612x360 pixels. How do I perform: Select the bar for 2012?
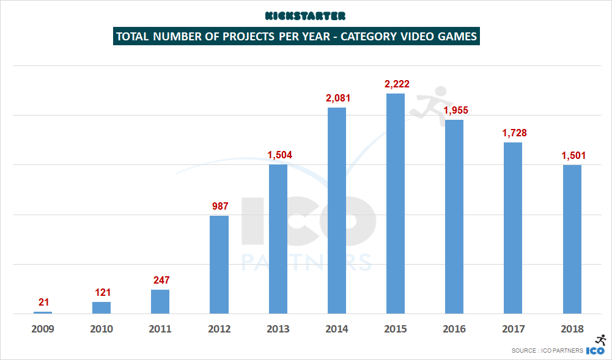(x=219, y=265)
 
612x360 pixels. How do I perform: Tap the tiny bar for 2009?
(x=43, y=312)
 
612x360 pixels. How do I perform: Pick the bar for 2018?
(x=572, y=239)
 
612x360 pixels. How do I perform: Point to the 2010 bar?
(x=101, y=307)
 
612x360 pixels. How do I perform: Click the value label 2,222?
(x=396, y=83)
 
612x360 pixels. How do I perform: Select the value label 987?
(x=219, y=206)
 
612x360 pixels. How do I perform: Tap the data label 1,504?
(x=279, y=154)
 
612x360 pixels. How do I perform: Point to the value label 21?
(x=43, y=301)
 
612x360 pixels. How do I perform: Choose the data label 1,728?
(x=514, y=133)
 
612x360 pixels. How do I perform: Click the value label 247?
(x=160, y=280)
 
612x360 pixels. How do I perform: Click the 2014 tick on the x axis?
(x=337, y=329)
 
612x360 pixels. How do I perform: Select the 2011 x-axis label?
(x=160, y=329)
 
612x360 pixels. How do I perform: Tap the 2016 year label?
(x=454, y=329)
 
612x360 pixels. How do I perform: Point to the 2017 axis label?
(x=513, y=329)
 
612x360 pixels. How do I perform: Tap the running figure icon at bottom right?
(x=600, y=340)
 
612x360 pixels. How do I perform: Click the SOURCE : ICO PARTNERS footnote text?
(x=547, y=351)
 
